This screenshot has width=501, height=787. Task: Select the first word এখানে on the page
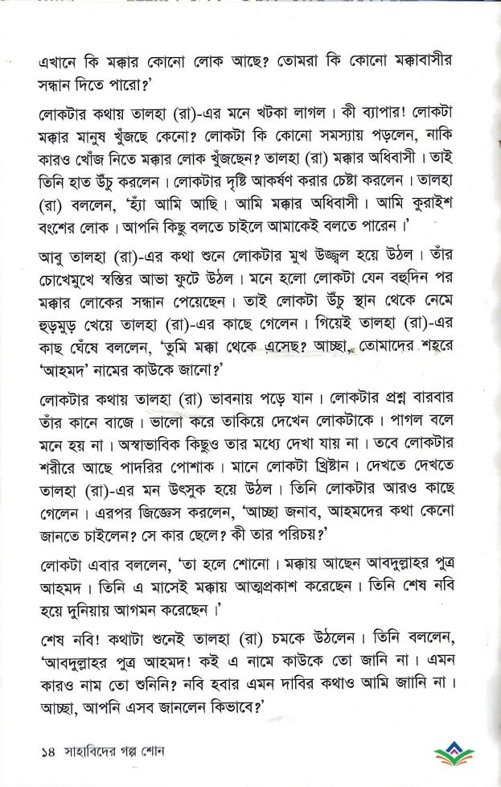point(68,61)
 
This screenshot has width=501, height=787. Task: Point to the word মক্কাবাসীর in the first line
point(422,61)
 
